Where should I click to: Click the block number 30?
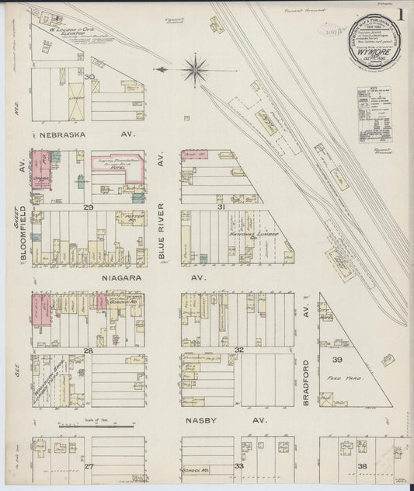point(90,77)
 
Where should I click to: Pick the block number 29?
point(89,207)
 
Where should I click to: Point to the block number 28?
point(89,351)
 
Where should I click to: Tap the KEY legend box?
point(374,113)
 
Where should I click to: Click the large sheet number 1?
point(401,13)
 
